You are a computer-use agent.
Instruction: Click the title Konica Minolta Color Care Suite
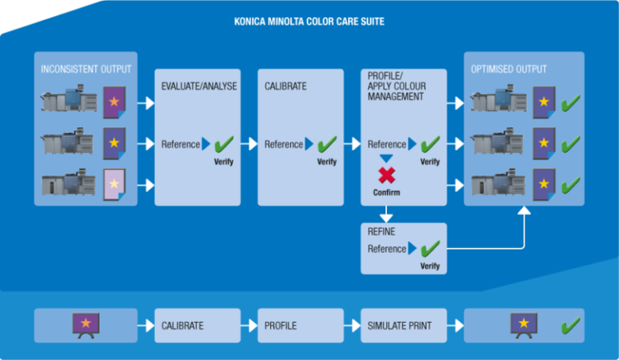(x=309, y=22)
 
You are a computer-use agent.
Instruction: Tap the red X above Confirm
(x=386, y=175)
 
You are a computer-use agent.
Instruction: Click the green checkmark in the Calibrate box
(x=326, y=144)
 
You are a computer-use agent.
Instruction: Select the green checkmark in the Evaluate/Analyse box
(x=223, y=144)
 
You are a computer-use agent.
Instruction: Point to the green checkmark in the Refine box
(x=430, y=248)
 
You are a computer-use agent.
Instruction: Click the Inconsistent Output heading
(x=86, y=69)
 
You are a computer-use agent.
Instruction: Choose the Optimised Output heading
(x=509, y=69)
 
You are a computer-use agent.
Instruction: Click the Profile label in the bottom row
(x=280, y=326)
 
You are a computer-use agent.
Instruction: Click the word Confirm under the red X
(x=386, y=192)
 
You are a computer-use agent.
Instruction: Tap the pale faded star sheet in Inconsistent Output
(x=114, y=184)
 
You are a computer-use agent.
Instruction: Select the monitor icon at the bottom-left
(x=85, y=325)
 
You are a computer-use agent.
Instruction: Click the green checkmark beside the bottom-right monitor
(x=570, y=325)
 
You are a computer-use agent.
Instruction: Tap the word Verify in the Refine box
(x=430, y=266)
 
